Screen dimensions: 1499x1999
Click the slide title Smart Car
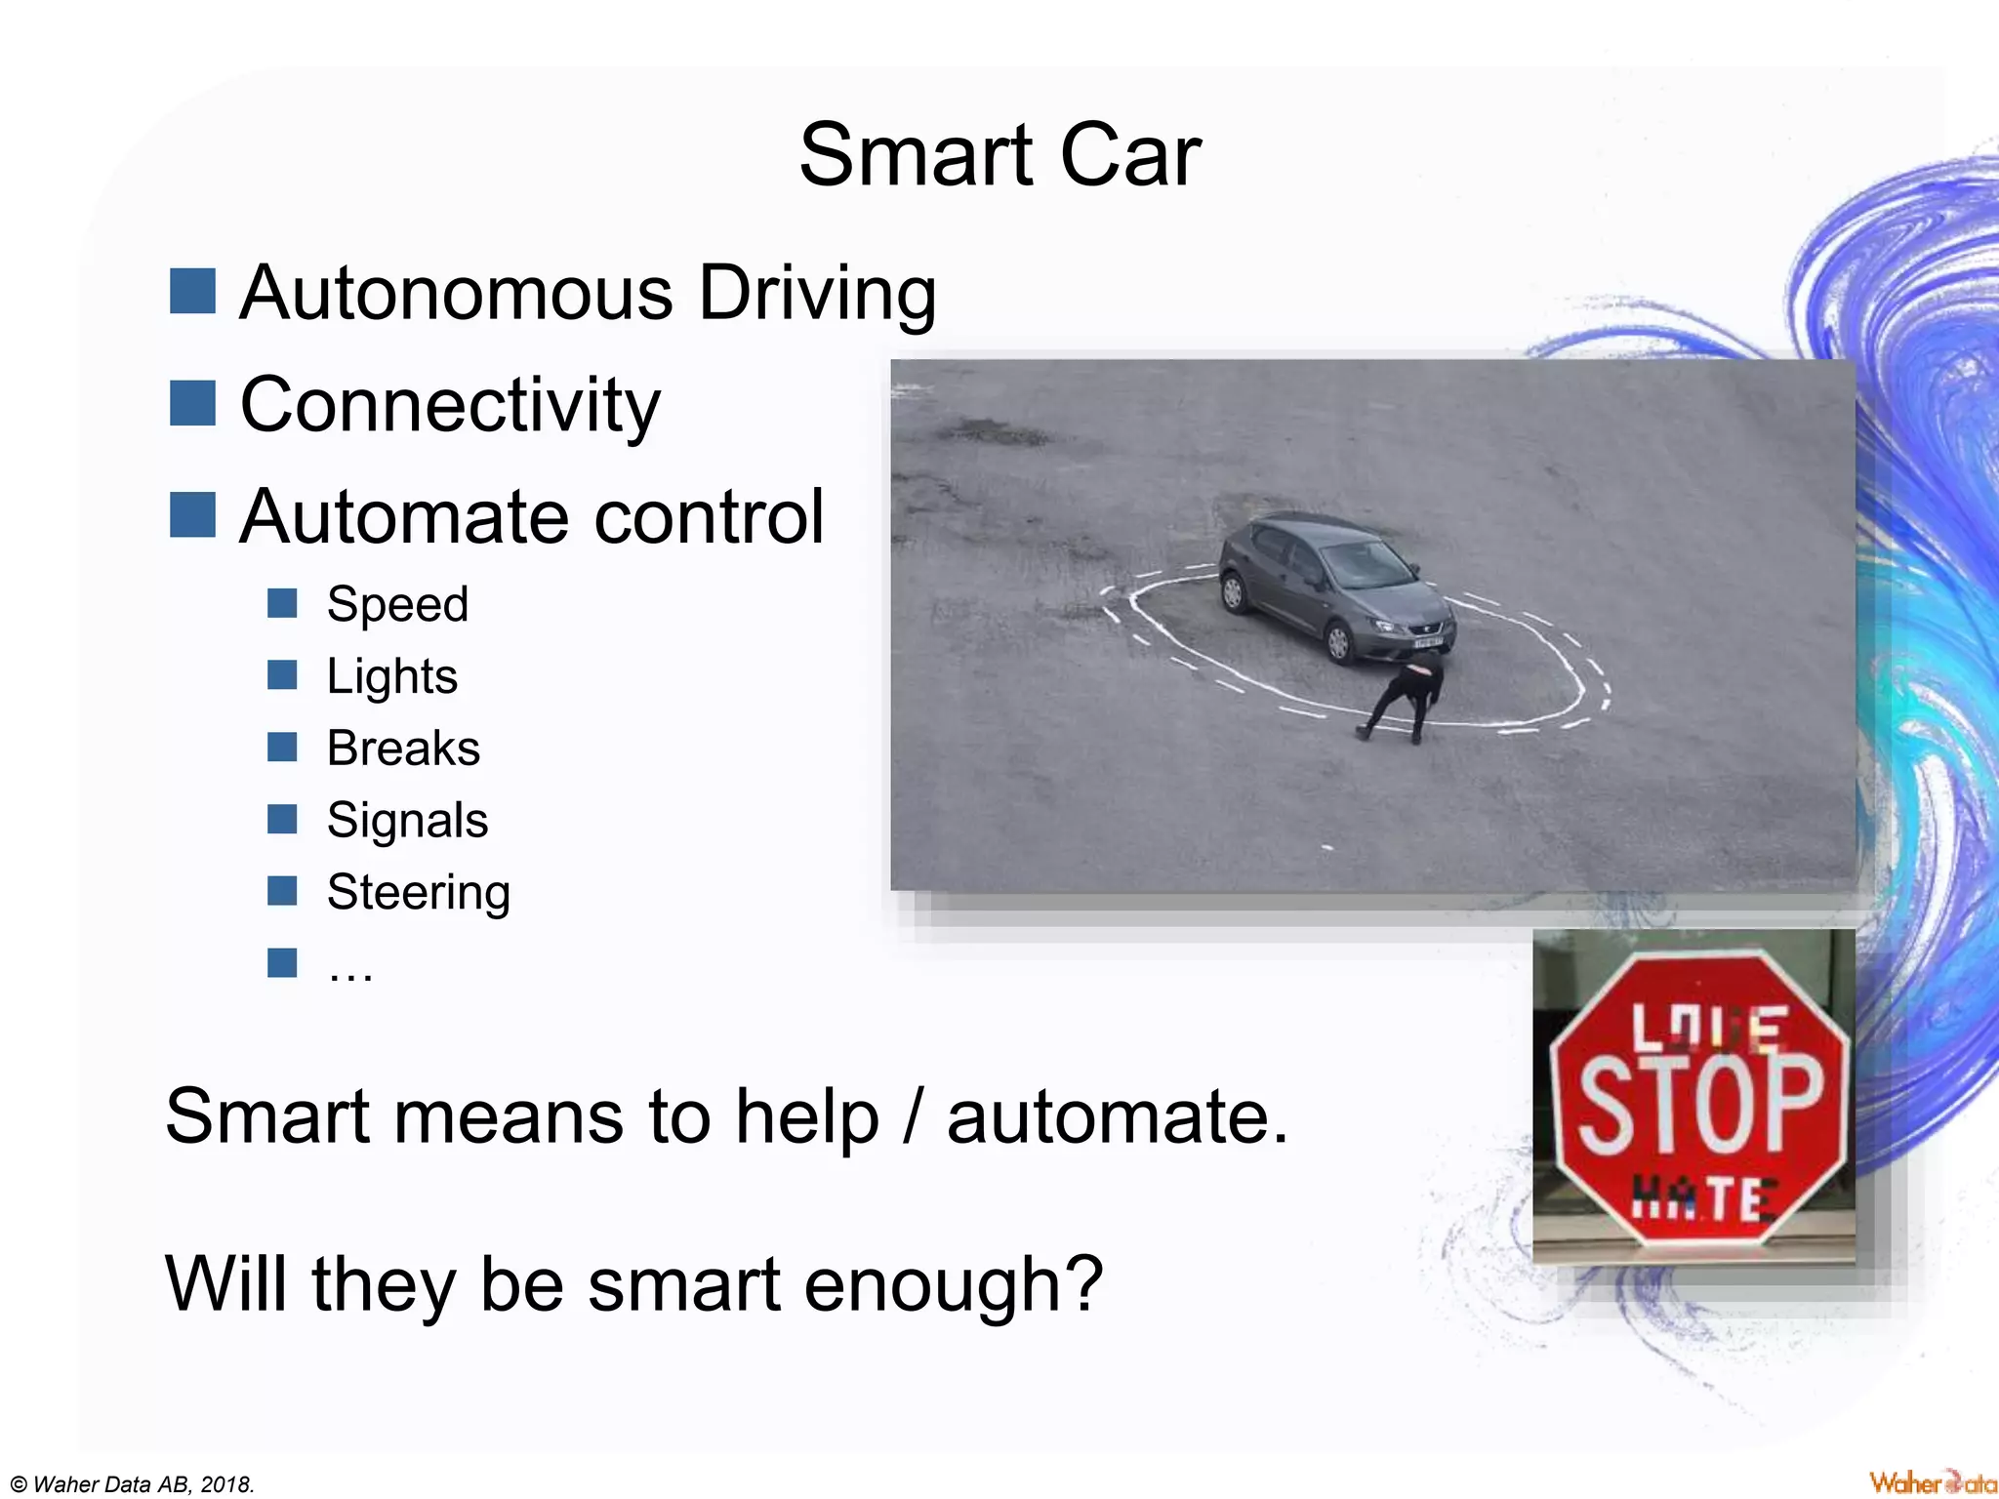pyautogui.click(x=999, y=156)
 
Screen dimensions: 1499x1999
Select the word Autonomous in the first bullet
pyautogui.click(x=456, y=293)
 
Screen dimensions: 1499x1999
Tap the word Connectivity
pyautogui.click(x=450, y=405)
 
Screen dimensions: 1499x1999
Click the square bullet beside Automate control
pyautogui.click(x=192, y=515)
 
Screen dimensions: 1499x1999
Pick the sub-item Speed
pyautogui.click(x=397, y=604)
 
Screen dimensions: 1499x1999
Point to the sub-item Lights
pyautogui.click(x=391, y=676)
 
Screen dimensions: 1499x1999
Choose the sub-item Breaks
pyautogui.click(x=403, y=749)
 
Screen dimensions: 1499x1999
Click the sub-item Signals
pyautogui.click(x=407, y=821)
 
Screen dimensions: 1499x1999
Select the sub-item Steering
pyautogui.click(x=418, y=893)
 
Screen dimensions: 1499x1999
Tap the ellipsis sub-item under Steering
pyautogui.click(x=350, y=968)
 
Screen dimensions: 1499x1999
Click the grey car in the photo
pyautogui.click(x=1337, y=586)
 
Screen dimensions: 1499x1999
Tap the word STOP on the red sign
pyautogui.click(x=1700, y=1105)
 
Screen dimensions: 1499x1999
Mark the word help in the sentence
pyautogui.click(x=807, y=1117)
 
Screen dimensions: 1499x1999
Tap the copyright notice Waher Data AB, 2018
pyautogui.click(x=133, y=1484)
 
